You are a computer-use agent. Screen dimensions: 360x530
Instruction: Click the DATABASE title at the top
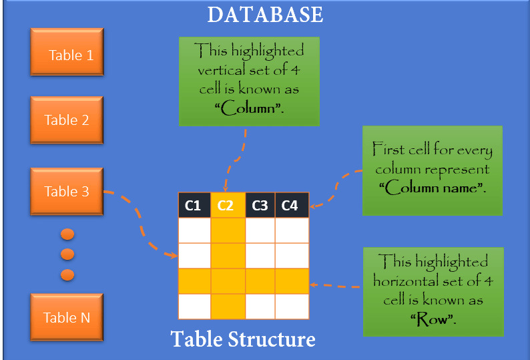265,14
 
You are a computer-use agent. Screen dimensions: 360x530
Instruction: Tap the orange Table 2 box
66,120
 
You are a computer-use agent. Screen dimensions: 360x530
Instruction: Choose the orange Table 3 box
66,192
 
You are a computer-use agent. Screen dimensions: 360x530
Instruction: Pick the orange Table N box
66,317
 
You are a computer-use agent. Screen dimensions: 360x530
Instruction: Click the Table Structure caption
243,339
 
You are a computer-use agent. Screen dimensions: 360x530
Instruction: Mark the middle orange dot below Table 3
67,254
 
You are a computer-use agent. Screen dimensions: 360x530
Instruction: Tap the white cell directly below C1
194,230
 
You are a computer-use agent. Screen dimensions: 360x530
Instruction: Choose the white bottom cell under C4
292,307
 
